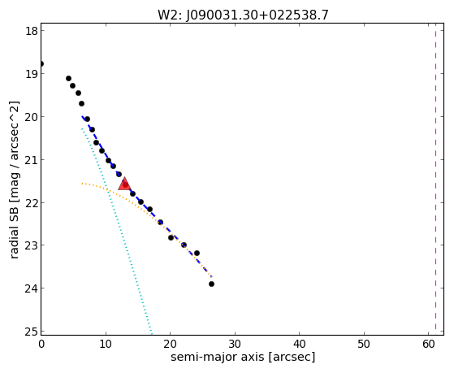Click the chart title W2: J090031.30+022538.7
click(243, 15)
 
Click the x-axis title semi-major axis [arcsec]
click(243, 357)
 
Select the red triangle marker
click(124, 184)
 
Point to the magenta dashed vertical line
click(435, 179)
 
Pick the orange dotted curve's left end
click(82, 184)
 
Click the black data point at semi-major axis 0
click(41, 63)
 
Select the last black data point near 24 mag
click(211, 284)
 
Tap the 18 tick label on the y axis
click(32, 31)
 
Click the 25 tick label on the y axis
click(32, 331)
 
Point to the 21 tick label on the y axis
click(32, 160)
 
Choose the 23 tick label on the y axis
click(32, 245)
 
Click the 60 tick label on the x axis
click(429, 344)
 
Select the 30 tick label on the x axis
click(235, 344)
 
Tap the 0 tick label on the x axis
click(41, 344)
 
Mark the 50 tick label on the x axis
click(364, 344)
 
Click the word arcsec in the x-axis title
click(292, 357)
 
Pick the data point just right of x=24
click(197, 253)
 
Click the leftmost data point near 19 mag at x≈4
click(68, 79)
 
